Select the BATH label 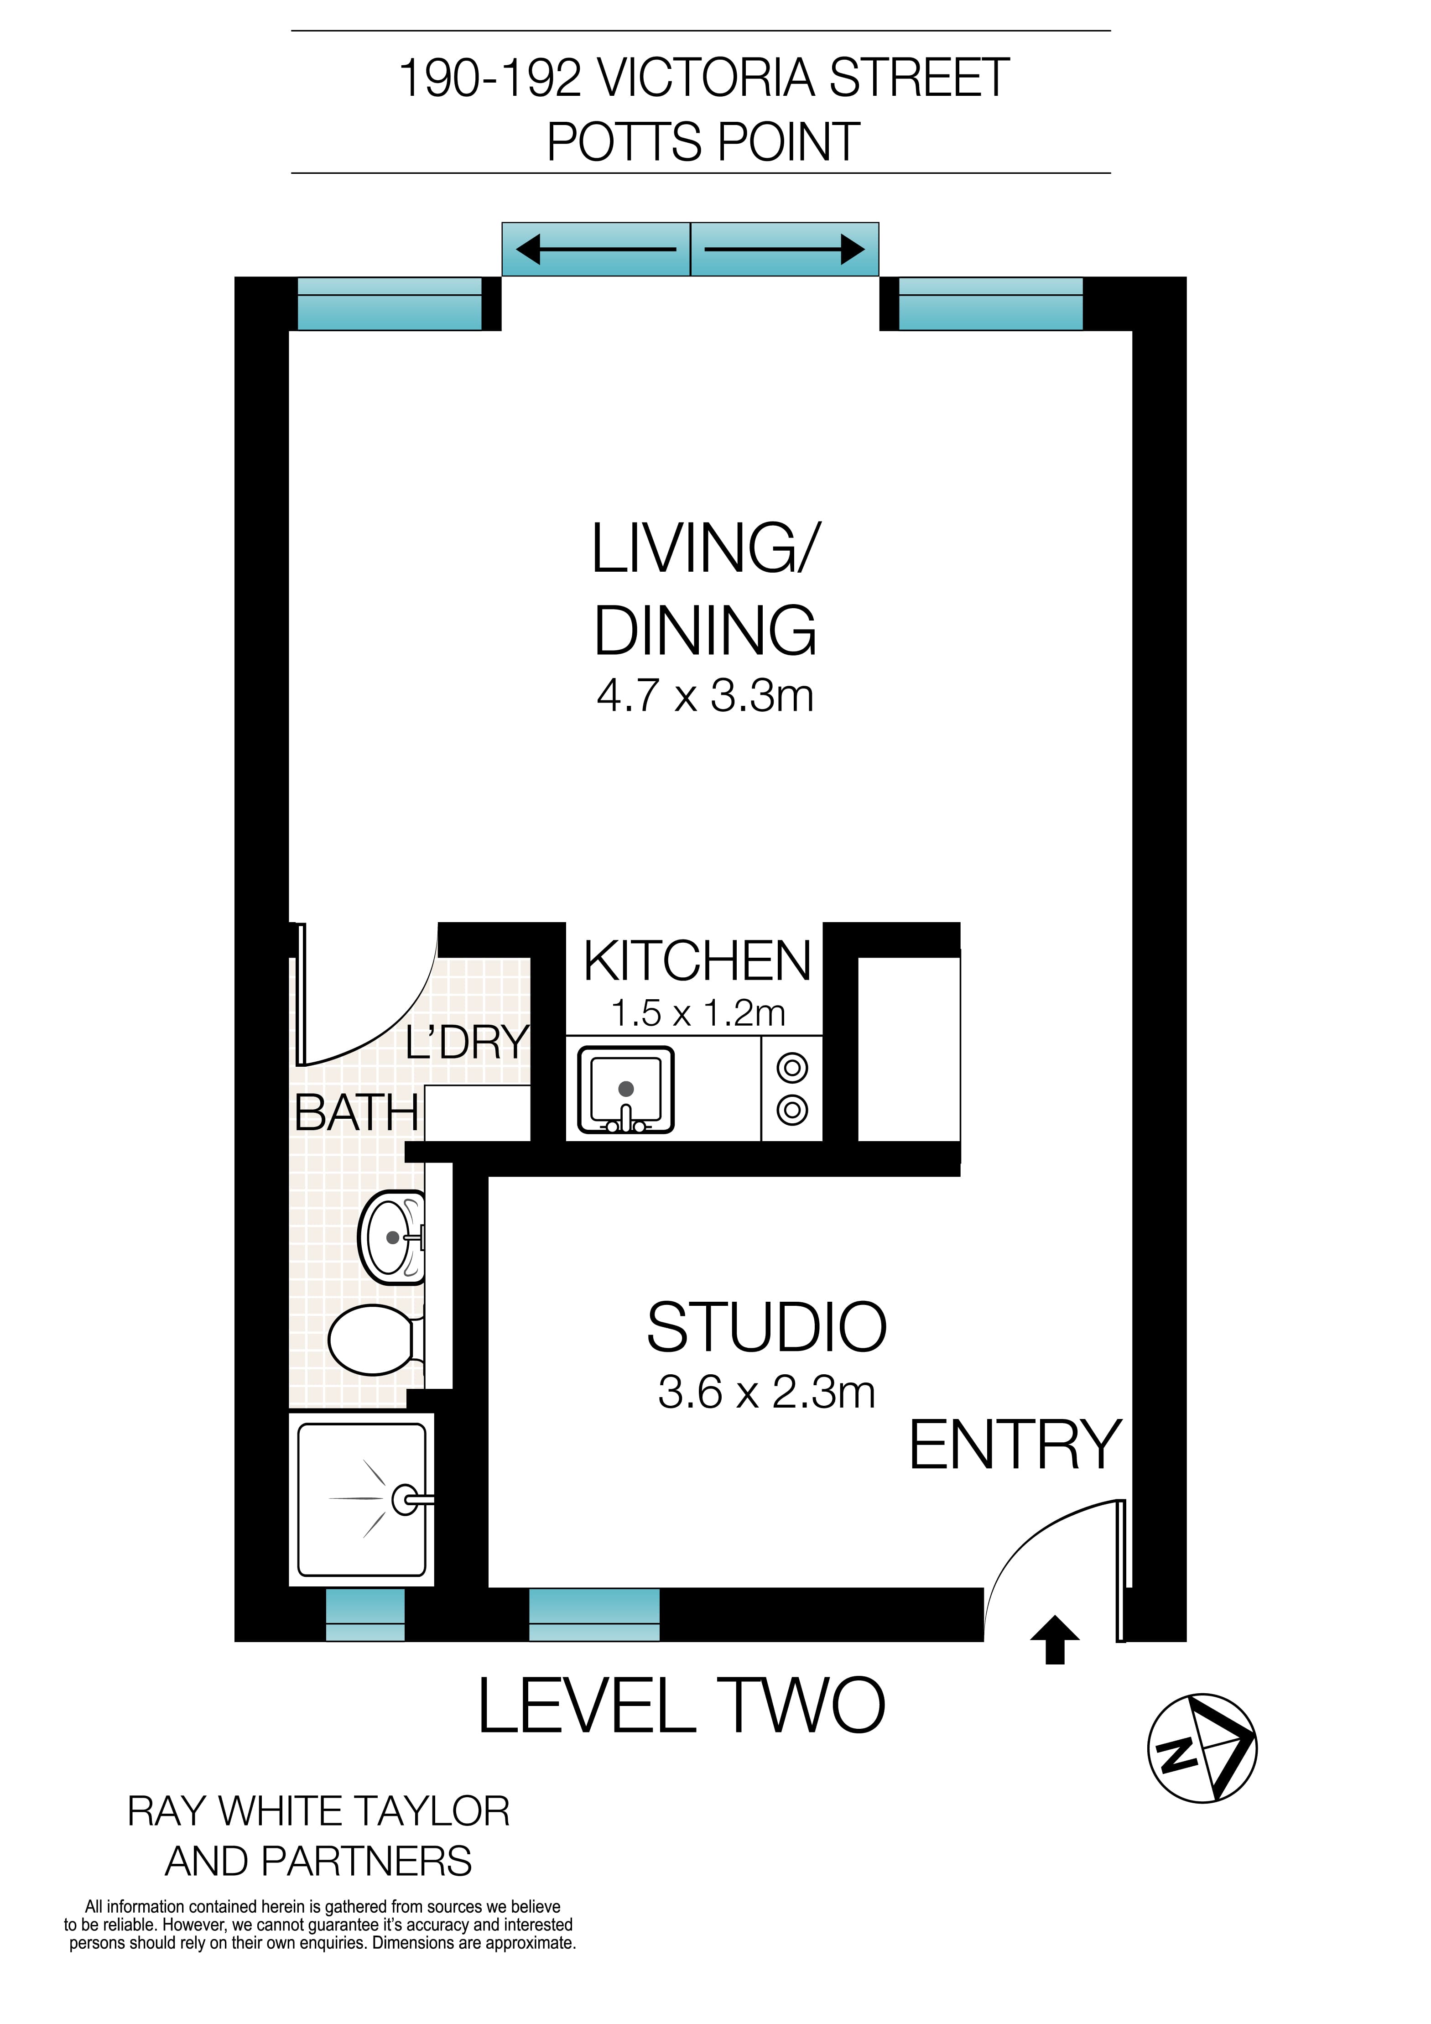(x=356, y=1112)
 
